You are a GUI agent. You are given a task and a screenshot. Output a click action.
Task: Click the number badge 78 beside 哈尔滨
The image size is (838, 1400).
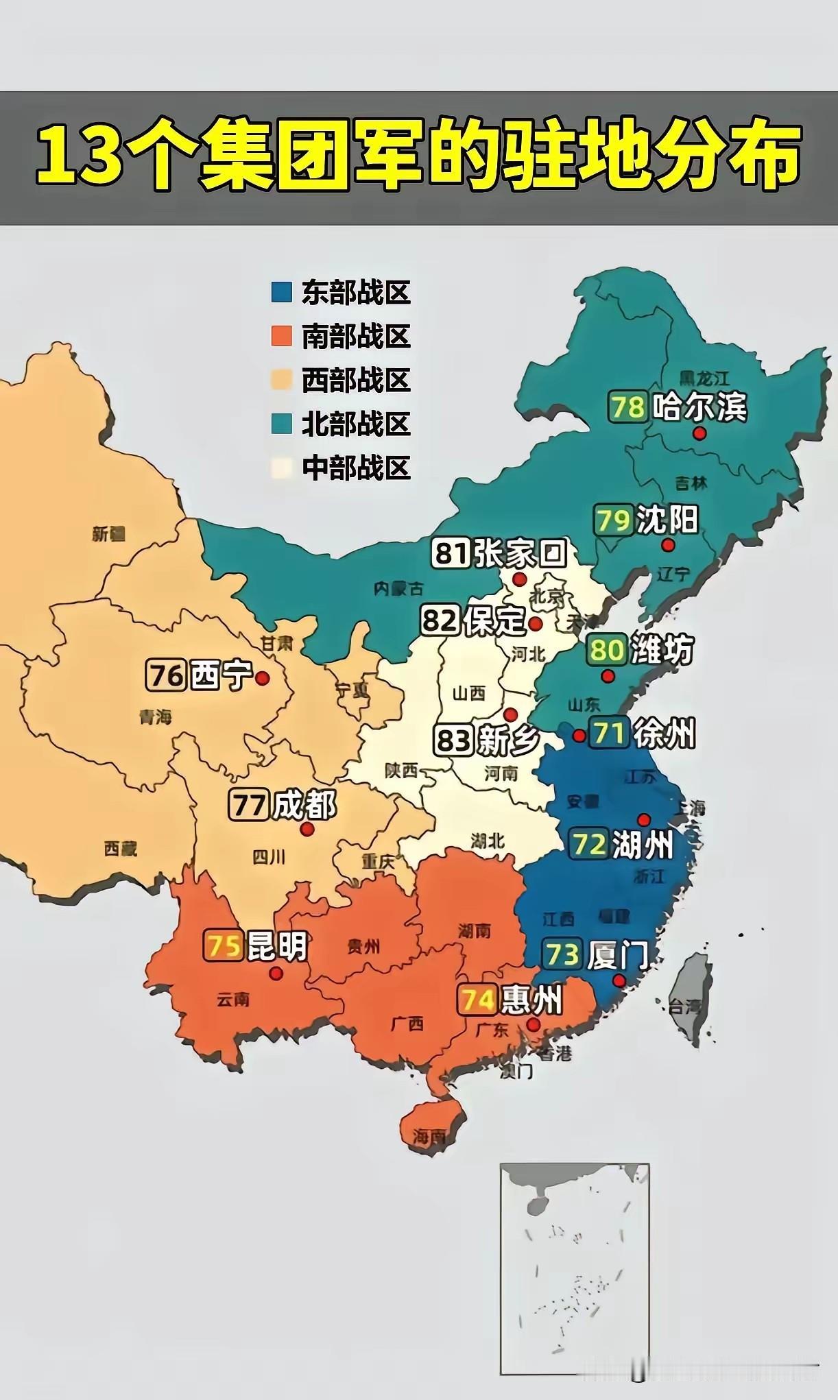[x=627, y=407]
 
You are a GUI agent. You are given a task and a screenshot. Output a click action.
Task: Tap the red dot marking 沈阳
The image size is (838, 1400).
[x=668, y=545]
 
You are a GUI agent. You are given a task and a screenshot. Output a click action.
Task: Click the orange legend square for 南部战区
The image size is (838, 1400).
[x=282, y=336]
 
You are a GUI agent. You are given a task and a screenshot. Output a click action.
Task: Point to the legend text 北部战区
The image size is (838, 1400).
[x=356, y=424]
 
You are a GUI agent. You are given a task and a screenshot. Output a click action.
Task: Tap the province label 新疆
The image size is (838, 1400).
[x=109, y=533]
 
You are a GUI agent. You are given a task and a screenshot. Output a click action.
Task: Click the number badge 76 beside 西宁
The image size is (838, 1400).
[x=165, y=675]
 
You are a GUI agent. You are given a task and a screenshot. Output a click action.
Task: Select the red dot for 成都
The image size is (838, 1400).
[x=307, y=829]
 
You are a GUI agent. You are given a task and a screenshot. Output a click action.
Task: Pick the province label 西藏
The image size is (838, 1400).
[x=121, y=849]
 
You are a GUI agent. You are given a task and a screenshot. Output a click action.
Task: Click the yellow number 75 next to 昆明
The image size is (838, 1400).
[x=224, y=946]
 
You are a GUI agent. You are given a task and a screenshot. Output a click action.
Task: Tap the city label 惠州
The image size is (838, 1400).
[x=531, y=1000]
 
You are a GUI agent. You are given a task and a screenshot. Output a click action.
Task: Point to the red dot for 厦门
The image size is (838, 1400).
[x=619, y=981]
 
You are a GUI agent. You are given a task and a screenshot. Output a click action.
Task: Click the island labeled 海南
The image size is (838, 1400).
[x=429, y=1135]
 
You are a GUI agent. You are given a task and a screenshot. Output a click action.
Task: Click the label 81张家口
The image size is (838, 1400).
[x=499, y=553]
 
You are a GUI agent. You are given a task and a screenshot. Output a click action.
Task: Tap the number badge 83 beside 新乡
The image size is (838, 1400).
[x=453, y=740]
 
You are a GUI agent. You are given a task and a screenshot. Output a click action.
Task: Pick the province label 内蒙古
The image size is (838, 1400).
[x=398, y=588]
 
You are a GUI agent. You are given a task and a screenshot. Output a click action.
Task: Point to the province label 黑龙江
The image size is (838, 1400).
[x=704, y=378]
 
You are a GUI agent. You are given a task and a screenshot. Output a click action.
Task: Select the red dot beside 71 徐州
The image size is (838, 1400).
[x=579, y=736]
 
